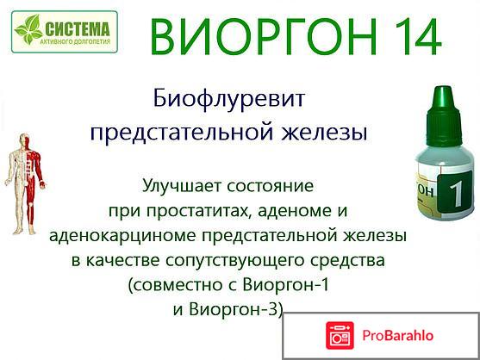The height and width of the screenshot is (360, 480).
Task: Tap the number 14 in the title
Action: (x=412, y=37)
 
